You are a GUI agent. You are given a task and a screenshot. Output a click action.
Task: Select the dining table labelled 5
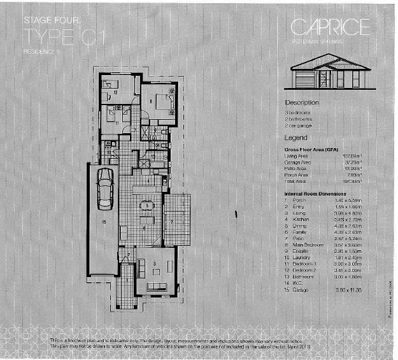click(146, 206)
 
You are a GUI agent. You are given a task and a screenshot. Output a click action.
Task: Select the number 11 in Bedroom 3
click(117, 119)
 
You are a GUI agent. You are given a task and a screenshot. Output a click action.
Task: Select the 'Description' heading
click(302, 102)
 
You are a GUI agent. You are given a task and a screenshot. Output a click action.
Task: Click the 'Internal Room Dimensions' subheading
click(318, 193)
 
